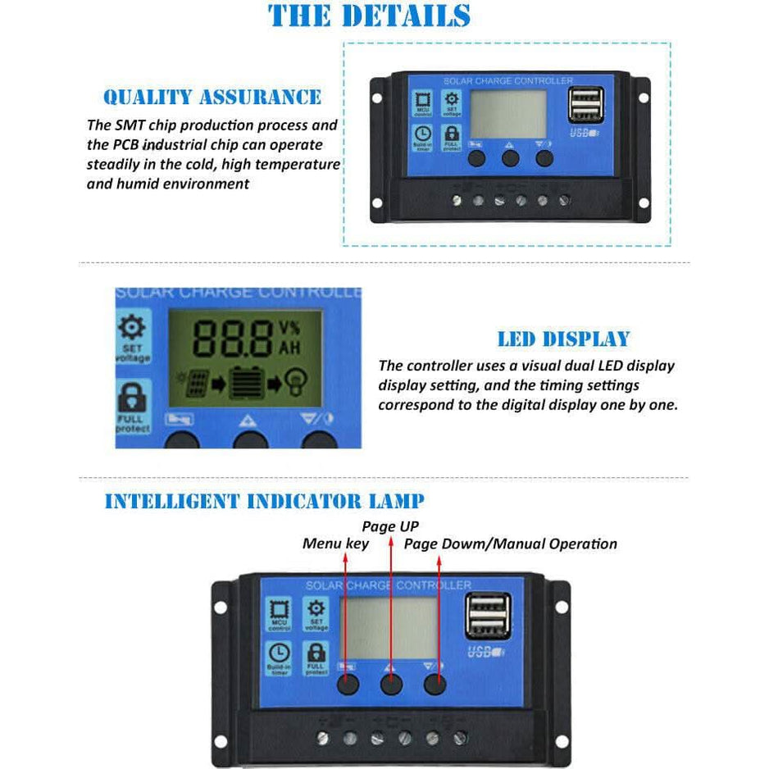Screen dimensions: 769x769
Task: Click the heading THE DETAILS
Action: pyautogui.click(x=370, y=16)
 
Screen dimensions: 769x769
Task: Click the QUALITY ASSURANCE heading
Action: pyautogui.click(x=212, y=98)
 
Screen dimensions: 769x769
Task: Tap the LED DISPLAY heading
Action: pyautogui.click(x=563, y=339)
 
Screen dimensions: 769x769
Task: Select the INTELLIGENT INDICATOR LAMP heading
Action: pyautogui.click(x=264, y=501)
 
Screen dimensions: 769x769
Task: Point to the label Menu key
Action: pyautogui.click(x=335, y=544)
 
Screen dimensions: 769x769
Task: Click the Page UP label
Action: pyautogui.click(x=390, y=526)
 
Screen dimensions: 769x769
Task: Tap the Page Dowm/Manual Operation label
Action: pyautogui.click(x=510, y=544)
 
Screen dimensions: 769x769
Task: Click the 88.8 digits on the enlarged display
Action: pyautogui.click(x=234, y=335)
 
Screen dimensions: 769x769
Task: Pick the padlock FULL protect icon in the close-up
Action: pyautogui.click(x=133, y=406)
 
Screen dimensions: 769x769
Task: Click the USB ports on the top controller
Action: pyautogui.click(x=585, y=107)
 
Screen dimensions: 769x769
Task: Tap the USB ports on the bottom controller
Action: pyautogui.click(x=487, y=617)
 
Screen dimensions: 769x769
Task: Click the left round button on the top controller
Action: pyautogui.click(x=477, y=157)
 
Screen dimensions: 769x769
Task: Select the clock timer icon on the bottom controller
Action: pyautogui.click(x=279, y=656)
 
